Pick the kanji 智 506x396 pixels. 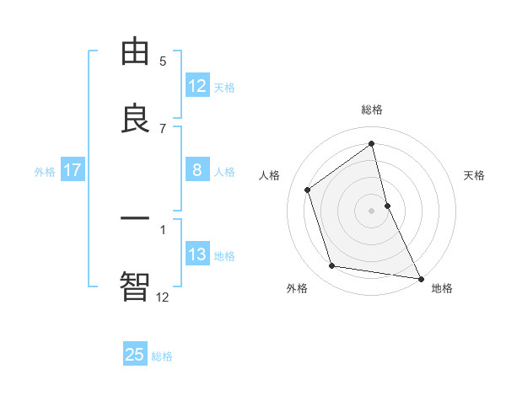[x=135, y=287]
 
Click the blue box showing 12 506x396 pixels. [x=197, y=86]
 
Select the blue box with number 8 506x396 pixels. [x=197, y=171]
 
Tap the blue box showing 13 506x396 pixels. [x=197, y=255]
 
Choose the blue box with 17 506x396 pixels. [x=73, y=171]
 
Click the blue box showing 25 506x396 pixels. [x=135, y=355]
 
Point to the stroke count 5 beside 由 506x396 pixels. [x=163, y=61]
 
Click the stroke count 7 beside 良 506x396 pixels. [x=163, y=128]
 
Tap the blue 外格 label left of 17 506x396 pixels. [x=45, y=172]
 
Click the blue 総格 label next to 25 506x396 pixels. [x=162, y=356]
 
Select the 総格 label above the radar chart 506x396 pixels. [x=372, y=110]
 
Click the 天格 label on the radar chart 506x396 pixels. [x=475, y=175]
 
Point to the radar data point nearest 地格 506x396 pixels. [x=420, y=278]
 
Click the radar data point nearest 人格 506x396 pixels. [x=308, y=190]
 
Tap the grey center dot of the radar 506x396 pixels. [x=372, y=210]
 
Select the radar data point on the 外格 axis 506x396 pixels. [x=332, y=266]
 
